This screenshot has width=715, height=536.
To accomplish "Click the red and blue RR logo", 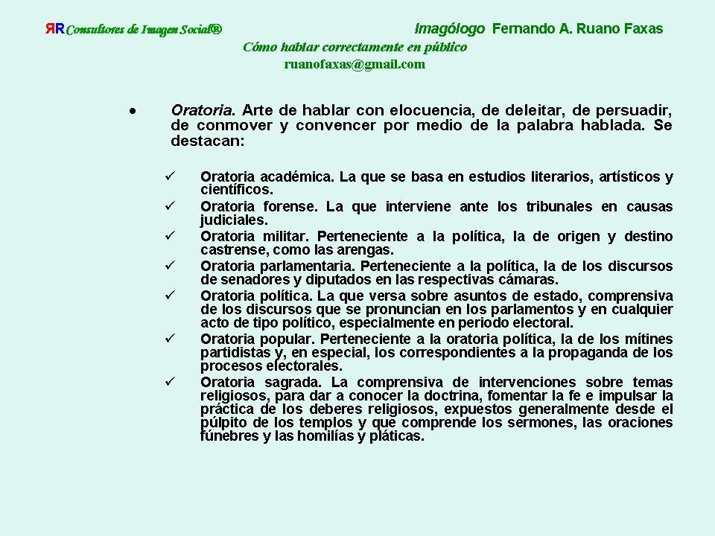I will (54, 30).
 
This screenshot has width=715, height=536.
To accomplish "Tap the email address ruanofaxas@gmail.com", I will (355, 65).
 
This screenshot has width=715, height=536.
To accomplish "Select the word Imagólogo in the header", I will (449, 29).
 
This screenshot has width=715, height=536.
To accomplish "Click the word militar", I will (284, 236).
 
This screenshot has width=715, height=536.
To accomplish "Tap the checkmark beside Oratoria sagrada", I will (169, 382).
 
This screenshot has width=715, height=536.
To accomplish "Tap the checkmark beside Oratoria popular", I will (169, 339).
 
